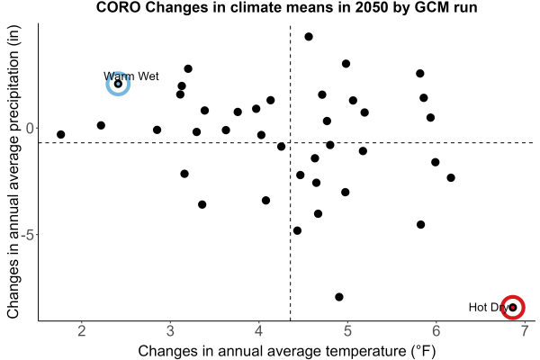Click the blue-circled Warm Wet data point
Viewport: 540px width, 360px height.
pyautogui.click(x=118, y=84)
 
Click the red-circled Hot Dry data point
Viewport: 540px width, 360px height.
pyautogui.click(x=513, y=307)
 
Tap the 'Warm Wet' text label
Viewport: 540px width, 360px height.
pyautogui.click(x=130, y=76)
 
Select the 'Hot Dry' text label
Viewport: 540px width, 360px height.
pyautogui.click(x=489, y=307)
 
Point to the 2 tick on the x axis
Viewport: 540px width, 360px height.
pyautogui.click(x=82, y=331)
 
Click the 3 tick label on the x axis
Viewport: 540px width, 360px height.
pyautogui.click(x=170, y=331)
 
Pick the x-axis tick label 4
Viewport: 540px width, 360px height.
pyautogui.click(x=259, y=331)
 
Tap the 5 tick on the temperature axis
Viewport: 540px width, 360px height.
pyautogui.click(x=347, y=331)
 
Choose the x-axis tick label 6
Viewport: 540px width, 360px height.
pyautogui.click(x=436, y=331)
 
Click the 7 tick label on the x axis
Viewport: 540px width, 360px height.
pyautogui.click(x=525, y=331)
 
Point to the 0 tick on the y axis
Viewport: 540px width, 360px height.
pyautogui.click(x=30, y=128)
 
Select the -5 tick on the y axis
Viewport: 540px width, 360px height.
pyautogui.click(x=28, y=235)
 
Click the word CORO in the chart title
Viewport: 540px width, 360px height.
pyautogui.click(x=118, y=7)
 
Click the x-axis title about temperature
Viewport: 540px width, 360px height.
pyautogui.click(x=287, y=351)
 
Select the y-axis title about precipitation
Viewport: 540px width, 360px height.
pyautogui.click(x=13, y=172)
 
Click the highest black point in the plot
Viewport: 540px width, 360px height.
pyautogui.click(x=309, y=37)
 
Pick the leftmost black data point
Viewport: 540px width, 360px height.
pyautogui.click(x=61, y=134)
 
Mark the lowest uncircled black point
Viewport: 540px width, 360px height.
pyautogui.click(x=339, y=297)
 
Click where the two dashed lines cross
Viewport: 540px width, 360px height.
pyautogui.click(x=291, y=142)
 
